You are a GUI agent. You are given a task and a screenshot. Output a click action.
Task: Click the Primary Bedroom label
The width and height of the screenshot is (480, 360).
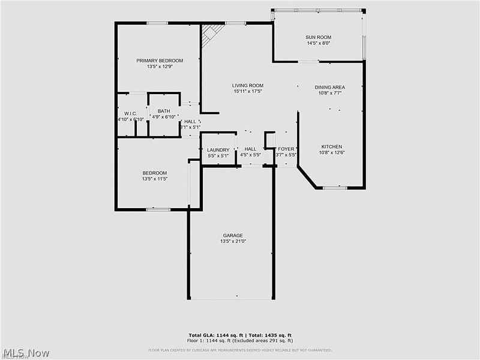(159, 61)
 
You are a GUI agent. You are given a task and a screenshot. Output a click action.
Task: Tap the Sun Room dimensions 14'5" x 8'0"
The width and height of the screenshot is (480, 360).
(319, 43)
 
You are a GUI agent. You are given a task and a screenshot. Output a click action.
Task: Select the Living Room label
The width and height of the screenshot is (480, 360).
(248, 86)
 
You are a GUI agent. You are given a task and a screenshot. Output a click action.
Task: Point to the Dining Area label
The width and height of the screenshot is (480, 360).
(330, 87)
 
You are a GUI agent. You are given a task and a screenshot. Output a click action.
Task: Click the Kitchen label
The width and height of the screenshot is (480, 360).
(331, 146)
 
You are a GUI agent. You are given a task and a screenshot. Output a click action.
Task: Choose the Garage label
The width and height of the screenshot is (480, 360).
(233, 235)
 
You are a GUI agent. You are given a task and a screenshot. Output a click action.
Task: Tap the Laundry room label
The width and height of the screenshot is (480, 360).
(218, 149)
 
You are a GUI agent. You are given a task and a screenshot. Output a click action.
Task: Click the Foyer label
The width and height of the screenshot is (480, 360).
(286, 149)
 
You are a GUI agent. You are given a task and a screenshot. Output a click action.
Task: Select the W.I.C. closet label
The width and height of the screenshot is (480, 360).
(131, 113)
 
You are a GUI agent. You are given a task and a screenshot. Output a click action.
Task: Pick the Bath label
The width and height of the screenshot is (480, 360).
(164, 111)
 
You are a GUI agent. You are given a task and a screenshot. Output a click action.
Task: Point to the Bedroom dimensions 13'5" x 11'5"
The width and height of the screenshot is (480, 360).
(154, 179)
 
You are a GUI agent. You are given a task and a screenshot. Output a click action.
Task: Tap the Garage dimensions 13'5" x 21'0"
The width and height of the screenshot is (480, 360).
(233, 241)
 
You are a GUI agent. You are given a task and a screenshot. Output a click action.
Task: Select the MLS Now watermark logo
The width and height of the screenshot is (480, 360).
(25, 353)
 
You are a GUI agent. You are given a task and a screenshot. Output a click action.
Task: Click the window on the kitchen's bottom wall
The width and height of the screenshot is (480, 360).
(334, 188)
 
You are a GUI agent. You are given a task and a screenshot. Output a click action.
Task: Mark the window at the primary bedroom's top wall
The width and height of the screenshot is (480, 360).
(157, 23)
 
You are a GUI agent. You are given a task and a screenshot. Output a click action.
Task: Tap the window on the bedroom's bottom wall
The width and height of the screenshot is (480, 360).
(158, 209)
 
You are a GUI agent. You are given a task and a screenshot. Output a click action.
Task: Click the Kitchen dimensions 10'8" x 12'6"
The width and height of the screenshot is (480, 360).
(331, 152)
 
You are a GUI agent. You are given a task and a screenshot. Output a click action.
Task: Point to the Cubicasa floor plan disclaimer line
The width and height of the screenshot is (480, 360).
(240, 350)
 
